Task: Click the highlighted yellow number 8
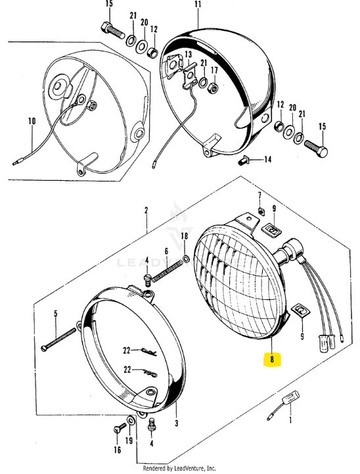271,360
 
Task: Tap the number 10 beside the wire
31,120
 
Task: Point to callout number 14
267,160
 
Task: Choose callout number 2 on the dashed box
146,210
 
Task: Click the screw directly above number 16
117,429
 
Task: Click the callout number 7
260,196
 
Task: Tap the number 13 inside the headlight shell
188,55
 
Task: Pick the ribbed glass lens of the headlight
236,279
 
